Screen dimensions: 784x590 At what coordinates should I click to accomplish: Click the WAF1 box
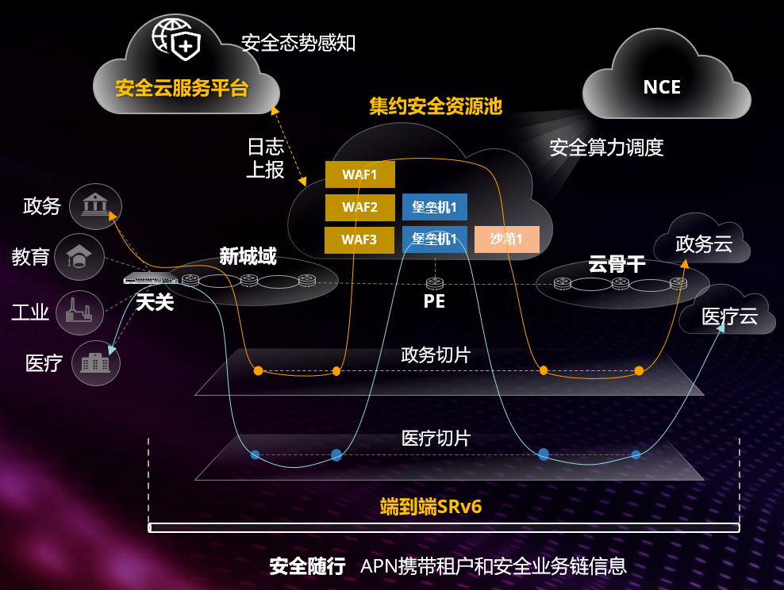pos(360,174)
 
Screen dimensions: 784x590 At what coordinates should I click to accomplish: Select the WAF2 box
pos(360,207)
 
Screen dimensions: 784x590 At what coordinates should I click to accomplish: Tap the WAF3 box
pos(359,239)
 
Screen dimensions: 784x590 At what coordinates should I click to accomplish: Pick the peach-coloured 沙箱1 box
pos(506,239)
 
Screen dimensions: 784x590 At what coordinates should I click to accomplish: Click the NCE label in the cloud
pos(662,87)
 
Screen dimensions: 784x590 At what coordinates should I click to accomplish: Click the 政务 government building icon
pos(95,206)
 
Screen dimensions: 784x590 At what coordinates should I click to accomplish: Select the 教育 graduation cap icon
pos(79,257)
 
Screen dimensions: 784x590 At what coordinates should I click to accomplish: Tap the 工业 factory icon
pos(79,312)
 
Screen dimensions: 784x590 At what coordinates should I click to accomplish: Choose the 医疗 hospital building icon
pos(95,362)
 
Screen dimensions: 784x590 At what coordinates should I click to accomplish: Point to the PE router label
pos(434,301)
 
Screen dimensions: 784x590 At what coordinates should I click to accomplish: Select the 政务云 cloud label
pos(704,244)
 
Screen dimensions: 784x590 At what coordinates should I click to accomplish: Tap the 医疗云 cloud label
pos(729,316)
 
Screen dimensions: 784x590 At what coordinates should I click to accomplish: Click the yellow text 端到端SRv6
pos(431,507)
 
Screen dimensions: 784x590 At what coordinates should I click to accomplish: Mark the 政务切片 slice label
pos(436,355)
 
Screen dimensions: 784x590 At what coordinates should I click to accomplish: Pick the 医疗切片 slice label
pos(436,439)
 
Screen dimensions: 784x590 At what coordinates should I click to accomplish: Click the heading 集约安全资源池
pos(436,106)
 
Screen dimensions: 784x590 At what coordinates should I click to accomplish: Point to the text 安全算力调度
pos(606,147)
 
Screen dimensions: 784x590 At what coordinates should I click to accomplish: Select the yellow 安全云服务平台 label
pos(182,89)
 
